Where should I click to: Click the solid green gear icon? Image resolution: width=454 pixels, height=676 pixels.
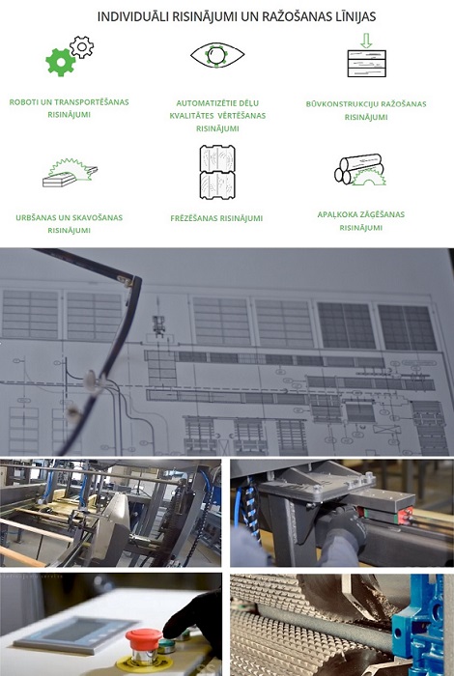click(x=60, y=62)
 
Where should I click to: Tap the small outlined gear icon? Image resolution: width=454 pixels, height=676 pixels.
click(x=81, y=47)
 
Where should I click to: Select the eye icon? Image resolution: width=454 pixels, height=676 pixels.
click(x=217, y=55)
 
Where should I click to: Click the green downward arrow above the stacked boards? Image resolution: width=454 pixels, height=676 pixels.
click(x=366, y=41)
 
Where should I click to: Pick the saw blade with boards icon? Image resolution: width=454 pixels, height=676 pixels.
click(x=70, y=173)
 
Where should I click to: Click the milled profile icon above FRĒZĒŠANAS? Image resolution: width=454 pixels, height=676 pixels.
click(x=217, y=172)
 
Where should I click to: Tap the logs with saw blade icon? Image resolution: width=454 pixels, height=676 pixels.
click(x=359, y=170)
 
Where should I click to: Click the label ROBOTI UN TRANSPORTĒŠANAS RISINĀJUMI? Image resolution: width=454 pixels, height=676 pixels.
click(x=69, y=108)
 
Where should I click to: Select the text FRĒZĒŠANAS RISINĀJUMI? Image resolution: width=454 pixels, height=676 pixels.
click(x=216, y=218)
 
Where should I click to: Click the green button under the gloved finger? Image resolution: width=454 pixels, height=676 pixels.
click(x=166, y=645)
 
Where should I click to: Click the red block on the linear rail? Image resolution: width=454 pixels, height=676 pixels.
click(x=405, y=515)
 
